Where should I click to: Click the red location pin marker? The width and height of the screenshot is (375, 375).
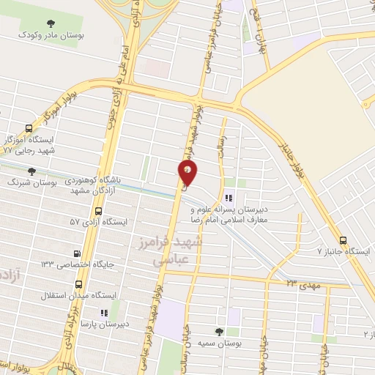[x=187, y=172]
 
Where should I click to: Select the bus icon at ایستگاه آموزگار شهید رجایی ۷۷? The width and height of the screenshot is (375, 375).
[x=29, y=126]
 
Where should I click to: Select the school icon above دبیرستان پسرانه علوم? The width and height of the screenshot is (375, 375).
[x=228, y=196]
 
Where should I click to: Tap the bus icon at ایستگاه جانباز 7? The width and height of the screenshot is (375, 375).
[x=344, y=240]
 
